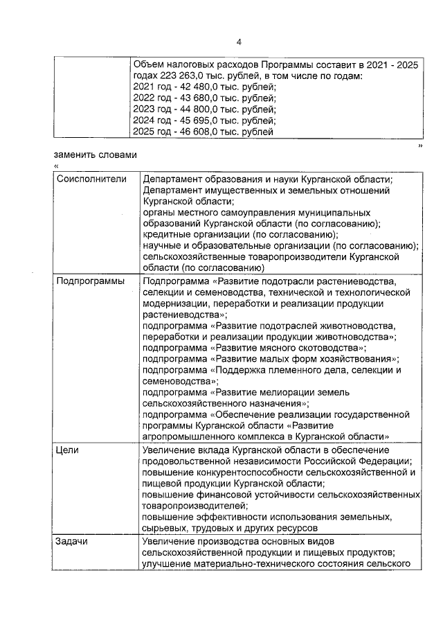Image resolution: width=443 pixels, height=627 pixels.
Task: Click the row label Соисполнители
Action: tap(91, 179)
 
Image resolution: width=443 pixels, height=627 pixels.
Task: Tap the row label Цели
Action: tap(68, 450)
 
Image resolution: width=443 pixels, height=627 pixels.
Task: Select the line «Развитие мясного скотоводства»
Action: tap(254, 348)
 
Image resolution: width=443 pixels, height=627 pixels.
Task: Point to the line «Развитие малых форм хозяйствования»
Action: tap(271, 359)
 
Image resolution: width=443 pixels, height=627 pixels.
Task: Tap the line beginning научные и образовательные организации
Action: tap(280, 245)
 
